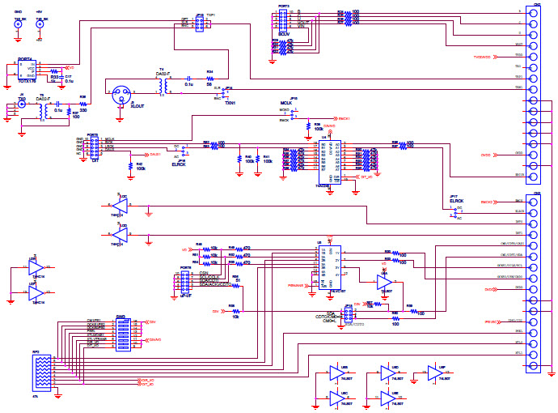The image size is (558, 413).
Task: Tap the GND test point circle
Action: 18,25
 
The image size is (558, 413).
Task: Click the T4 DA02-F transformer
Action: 164,85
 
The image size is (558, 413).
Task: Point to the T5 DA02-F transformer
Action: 41,113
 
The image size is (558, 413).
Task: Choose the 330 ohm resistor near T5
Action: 83,104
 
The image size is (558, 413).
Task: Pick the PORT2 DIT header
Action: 95,144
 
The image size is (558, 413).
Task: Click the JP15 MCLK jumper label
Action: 285,102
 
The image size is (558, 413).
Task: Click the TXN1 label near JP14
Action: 230,103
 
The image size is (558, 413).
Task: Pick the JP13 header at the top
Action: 200,22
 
